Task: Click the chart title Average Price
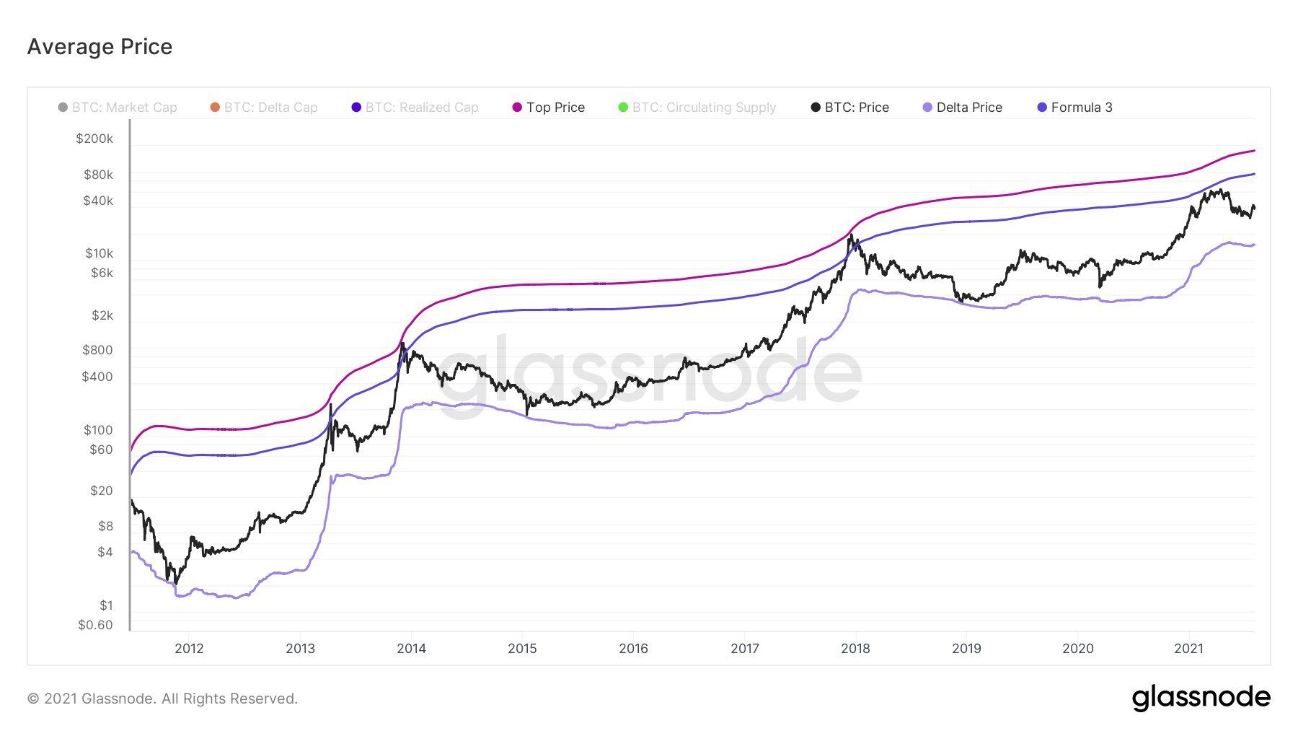pyautogui.click(x=100, y=47)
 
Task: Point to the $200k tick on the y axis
pyautogui.click(x=94, y=139)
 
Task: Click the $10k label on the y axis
pyautogui.click(x=99, y=253)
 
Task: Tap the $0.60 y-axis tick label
pyautogui.click(x=95, y=625)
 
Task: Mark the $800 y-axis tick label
pyautogui.click(x=97, y=350)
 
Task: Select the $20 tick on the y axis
pyautogui.click(x=101, y=491)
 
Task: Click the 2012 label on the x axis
pyautogui.click(x=189, y=649)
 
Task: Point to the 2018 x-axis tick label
pyautogui.click(x=855, y=649)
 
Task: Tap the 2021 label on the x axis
pyautogui.click(x=1188, y=649)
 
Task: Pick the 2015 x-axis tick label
pyautogui.click(x=522, y=649)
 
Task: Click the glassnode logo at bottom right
pyautogui.click(x=1201, y=698)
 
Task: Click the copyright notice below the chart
pyautogui.click(x=162, y=699)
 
